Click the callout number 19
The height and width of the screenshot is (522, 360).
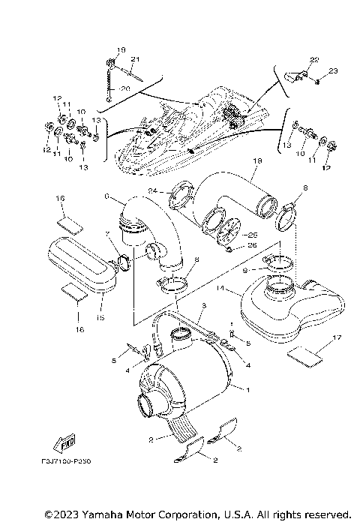(112, 49)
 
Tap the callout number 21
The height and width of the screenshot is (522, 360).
(136, 59)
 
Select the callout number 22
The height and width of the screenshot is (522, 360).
(313, 59)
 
